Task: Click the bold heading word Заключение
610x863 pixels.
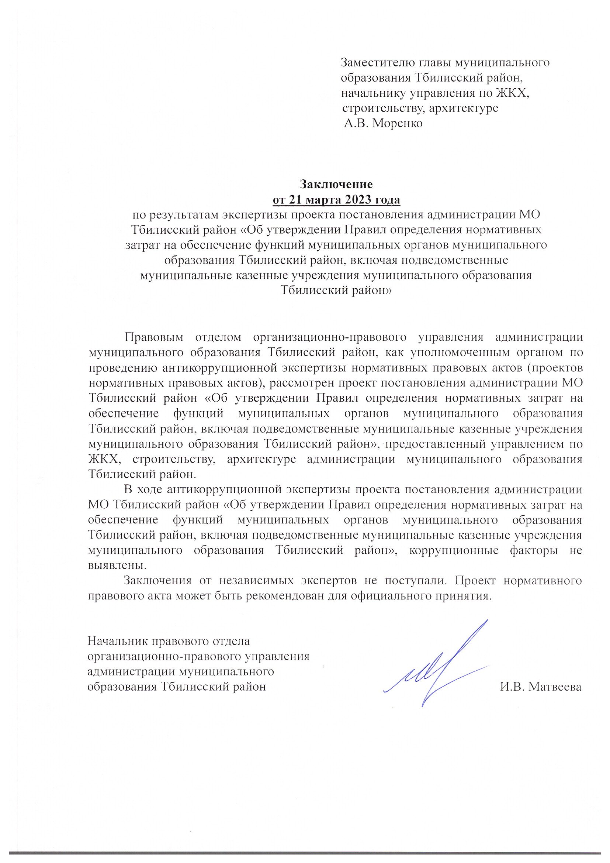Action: [336, 185]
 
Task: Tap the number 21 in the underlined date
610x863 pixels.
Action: [296, 200]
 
